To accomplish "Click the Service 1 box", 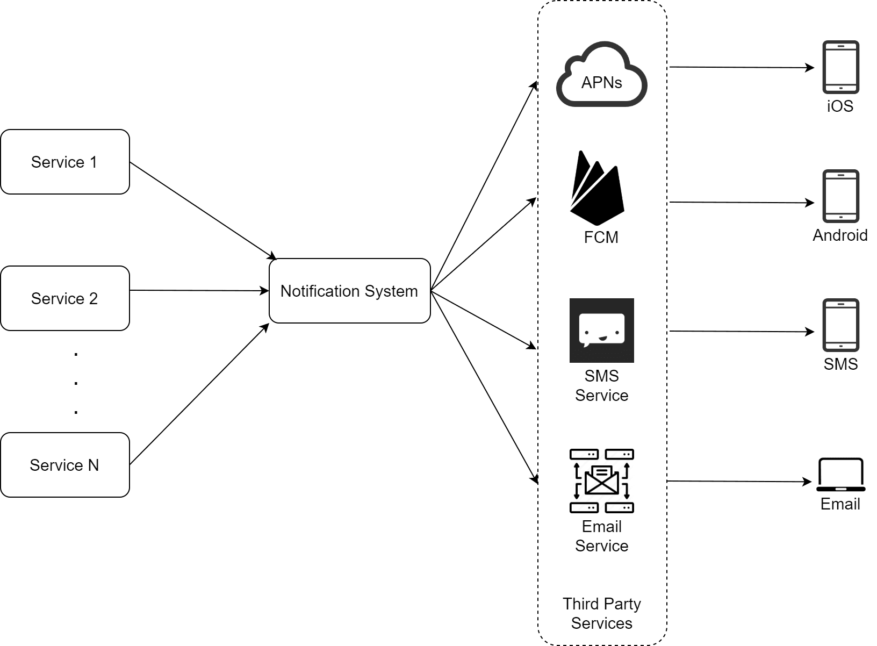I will (x=64, y=162).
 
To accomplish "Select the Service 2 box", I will (x=64, y=298).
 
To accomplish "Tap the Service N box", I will (x=64, y=465).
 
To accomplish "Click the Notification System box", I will (x=349, y=291).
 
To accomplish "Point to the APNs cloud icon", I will (x=601, y=75).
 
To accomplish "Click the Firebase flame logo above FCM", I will (x=596, y=188).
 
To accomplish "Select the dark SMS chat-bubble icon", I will (x=601, y=330).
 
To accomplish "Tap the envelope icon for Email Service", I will (x=601, y=480).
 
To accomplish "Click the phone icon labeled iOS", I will (x=840, y=67).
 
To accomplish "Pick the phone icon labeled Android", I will (x=840, y=196).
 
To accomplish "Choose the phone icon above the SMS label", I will (x=840, y=325).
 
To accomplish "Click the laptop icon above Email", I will (x=840, y=475).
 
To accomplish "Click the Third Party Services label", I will (x=601, y=613).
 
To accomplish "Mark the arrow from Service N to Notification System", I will (x=199, y=394).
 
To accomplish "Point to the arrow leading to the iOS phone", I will (x=742, y=68).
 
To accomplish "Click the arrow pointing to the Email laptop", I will (x=739, y=482).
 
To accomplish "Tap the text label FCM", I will (x=601, y=237).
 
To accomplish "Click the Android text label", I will (x=840, y=235).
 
